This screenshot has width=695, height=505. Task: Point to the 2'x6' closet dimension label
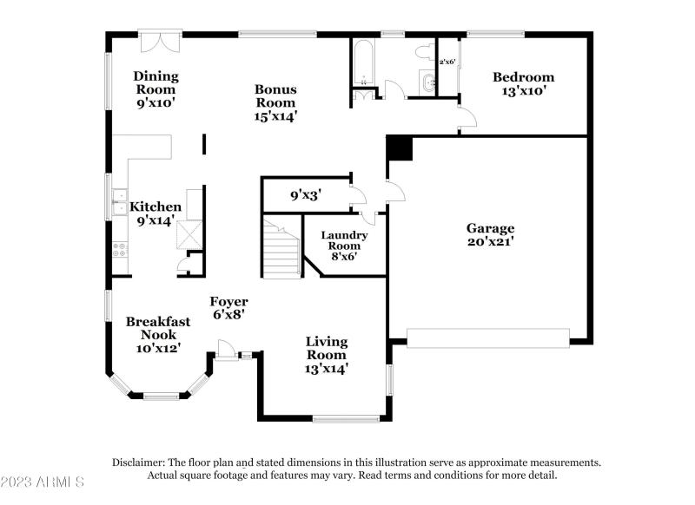coord(447,62)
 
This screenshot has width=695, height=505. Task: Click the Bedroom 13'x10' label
coord(523,83)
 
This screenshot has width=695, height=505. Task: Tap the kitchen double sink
coord(116,207)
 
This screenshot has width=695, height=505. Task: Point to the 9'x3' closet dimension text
coord(306,195)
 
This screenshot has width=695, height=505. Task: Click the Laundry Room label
coord(344,246)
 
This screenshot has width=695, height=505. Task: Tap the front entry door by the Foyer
coord(226,349)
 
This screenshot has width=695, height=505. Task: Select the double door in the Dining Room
coord(161,43)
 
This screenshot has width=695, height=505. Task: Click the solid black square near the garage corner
coord(399,148)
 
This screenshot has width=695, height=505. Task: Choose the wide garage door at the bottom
coord(488,338)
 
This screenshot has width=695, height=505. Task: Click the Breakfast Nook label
coord(158,334)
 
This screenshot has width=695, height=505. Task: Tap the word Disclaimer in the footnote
coord(140,462)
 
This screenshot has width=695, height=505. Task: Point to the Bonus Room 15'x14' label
coord(275,102)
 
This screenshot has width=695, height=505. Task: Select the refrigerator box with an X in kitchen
coord(188,235)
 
